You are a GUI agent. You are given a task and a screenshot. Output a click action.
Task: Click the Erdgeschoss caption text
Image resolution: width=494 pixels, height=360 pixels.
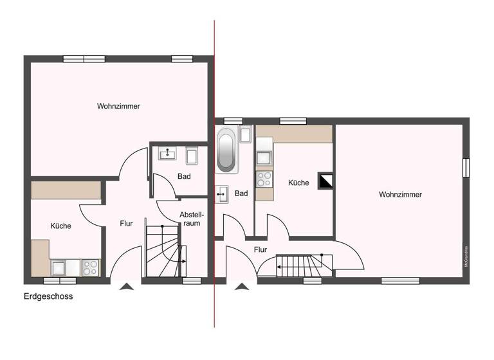[48, 297]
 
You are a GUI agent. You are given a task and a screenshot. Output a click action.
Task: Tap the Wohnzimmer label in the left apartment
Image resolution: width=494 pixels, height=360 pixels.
[119, 106]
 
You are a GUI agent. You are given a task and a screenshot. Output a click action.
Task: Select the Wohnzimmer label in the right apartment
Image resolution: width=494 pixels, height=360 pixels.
[400, 194]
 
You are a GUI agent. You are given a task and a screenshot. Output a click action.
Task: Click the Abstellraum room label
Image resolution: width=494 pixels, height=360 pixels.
[191, 219]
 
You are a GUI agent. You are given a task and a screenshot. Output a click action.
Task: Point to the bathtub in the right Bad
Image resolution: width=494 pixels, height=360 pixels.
[226, 150]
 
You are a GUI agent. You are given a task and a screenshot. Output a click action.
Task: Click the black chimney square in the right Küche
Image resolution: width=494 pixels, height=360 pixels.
[326, 182]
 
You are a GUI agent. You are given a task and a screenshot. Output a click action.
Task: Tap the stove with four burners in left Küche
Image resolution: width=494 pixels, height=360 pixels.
[90, 267]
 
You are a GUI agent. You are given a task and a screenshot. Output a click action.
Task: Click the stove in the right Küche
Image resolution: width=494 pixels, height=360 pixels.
[264, 178]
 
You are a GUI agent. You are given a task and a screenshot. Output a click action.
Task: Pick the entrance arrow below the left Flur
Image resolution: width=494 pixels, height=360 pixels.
[127, 287]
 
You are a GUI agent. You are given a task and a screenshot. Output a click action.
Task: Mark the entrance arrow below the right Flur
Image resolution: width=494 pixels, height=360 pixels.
[242, 287]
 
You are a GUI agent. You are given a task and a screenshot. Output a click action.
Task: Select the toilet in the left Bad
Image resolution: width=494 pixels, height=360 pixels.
[192, 156]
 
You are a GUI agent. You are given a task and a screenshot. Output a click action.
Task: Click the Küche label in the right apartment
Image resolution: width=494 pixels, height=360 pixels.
[298, 183]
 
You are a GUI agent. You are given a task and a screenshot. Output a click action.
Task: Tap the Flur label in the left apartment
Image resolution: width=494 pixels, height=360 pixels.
[126, 224]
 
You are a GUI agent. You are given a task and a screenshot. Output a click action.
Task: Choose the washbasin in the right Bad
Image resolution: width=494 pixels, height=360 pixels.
[222, 192]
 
